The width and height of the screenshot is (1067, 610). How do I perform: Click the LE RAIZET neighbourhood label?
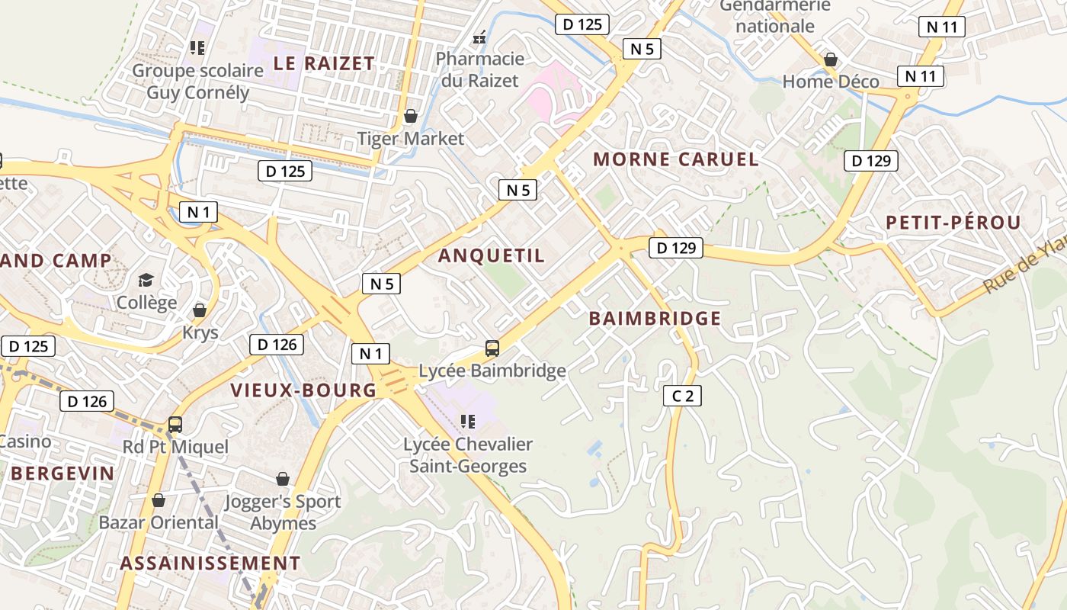point(324,63)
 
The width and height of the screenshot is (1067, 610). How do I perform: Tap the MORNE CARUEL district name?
point(675,159)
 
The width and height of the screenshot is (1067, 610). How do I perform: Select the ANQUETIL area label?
point(492,255)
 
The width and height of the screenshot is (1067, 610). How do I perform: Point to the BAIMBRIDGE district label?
point(655,319)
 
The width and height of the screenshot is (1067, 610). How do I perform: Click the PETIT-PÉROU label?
point(953,223)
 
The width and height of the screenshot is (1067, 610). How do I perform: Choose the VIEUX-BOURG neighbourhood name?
point(303,390)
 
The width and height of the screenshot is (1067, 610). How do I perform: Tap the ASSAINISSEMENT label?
point(210,563)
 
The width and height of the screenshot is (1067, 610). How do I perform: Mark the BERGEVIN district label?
point(62,473)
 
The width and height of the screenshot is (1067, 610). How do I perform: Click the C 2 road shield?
point(682,396)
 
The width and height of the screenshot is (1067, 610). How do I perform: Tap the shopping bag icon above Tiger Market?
point(411,116)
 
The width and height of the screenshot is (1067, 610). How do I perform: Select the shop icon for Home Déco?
point(831,59)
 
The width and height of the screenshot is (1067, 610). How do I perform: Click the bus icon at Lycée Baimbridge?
point(492,348)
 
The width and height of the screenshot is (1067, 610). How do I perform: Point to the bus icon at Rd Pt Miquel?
point(175,424)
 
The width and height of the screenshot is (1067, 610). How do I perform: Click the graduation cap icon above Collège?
point(146,280)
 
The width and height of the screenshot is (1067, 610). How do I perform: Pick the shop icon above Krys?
point(200,310)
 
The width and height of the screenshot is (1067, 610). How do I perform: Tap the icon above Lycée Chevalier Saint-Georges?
point(468,421)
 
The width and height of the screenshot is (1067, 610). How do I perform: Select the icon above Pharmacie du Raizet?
point(480,36)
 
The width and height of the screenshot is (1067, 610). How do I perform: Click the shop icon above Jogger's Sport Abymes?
point(283,479)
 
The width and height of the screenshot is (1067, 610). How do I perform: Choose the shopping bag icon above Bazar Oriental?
point(159,500)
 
